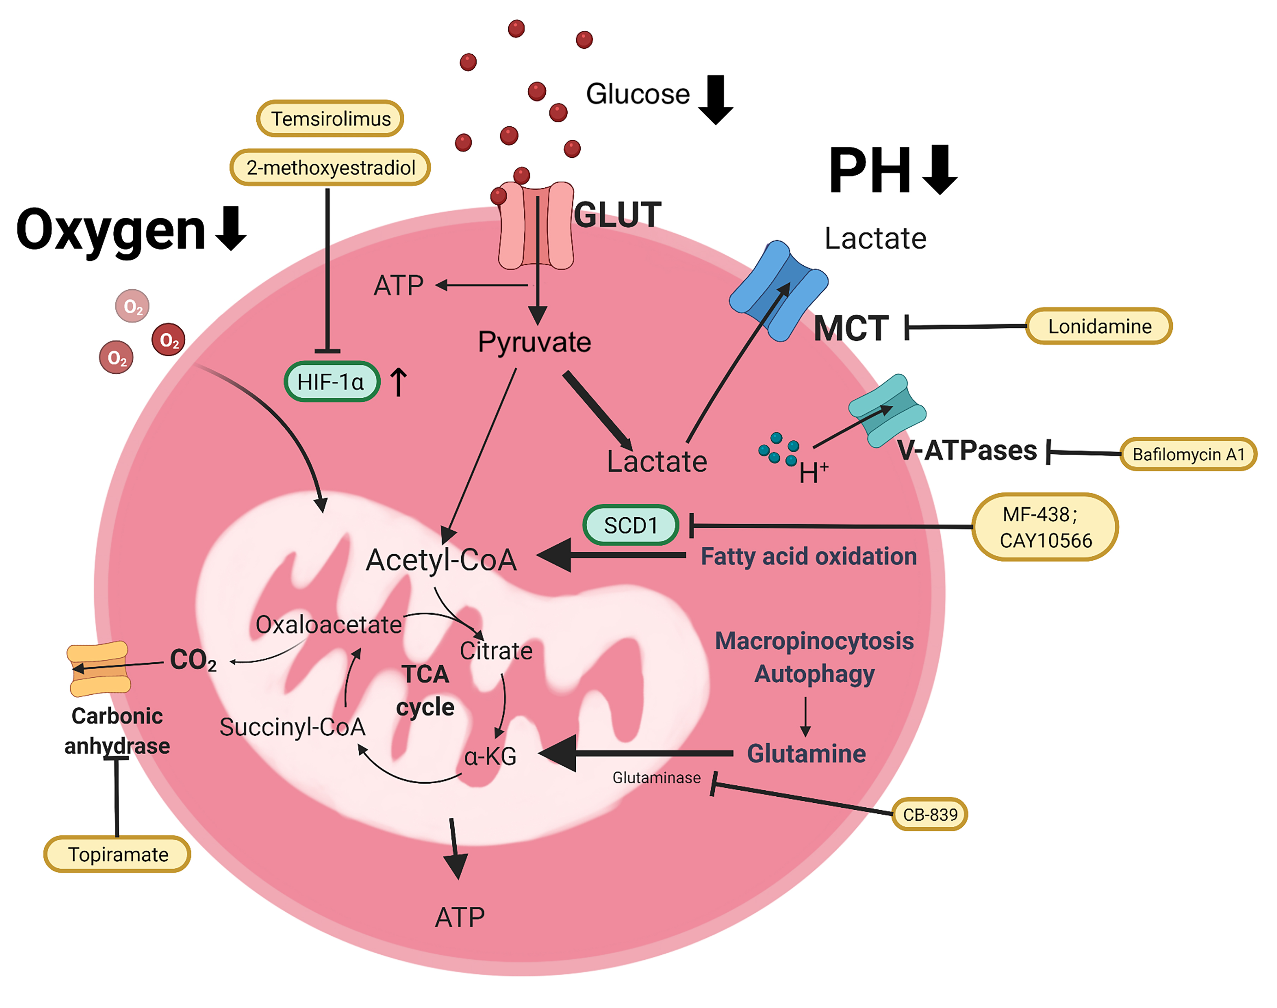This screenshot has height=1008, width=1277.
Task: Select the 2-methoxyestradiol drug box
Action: point(330,168)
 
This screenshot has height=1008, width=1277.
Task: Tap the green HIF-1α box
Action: point(331,382)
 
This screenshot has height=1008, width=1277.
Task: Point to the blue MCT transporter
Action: point(778,290)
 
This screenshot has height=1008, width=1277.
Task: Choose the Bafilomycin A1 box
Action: point(1188,454)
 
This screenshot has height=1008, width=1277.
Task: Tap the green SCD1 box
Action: point(630,525)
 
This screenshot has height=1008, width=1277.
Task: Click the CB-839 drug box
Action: point(929,814)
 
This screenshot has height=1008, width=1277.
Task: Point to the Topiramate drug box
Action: point(118,854)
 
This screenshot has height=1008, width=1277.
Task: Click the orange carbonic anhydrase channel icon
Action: point(98,669)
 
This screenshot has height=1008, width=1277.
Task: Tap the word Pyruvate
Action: point(534,342)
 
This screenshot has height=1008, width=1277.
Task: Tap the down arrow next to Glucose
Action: point(715,99)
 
